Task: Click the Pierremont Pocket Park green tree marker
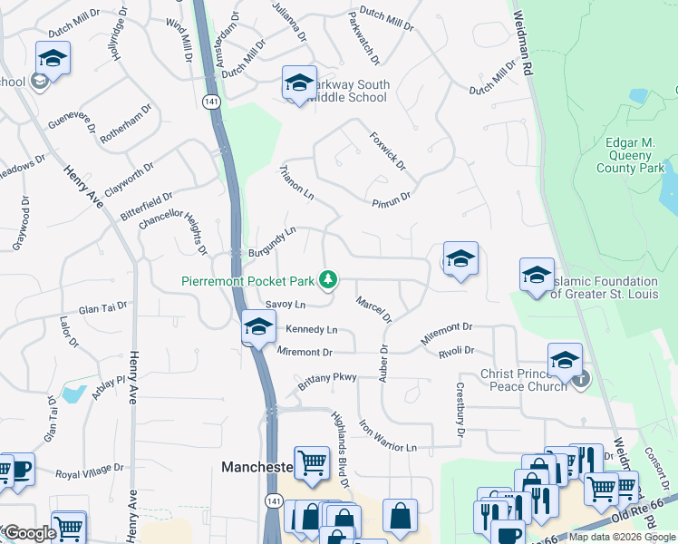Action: [331, 281]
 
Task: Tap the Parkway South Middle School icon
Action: [299, 84]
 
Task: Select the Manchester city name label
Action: [257, 467]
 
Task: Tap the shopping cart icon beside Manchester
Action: [312, 462]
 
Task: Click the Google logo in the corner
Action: [29, 533]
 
